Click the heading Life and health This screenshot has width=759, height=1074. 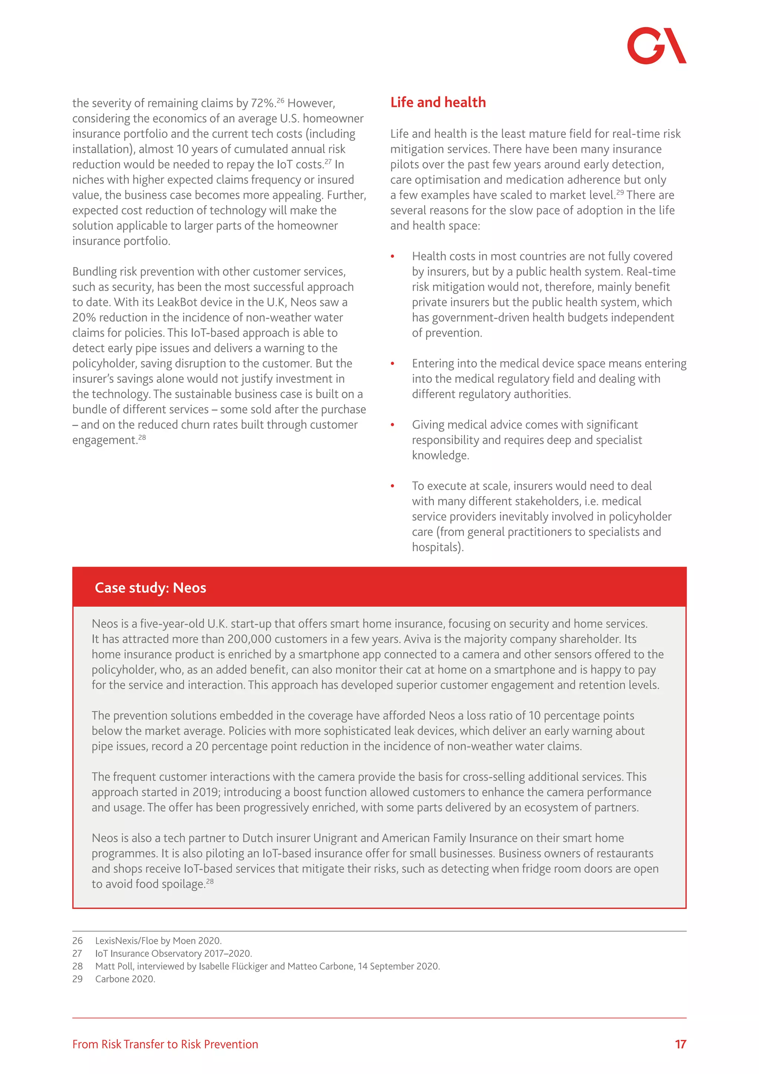click(438, 102)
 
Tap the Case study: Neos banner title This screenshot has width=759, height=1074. click(150, 587)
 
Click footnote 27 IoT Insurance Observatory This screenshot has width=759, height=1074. click(173, 953)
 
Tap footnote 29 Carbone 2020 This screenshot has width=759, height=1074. click(125, 979)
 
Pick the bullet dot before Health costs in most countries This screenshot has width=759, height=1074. click(392, 256)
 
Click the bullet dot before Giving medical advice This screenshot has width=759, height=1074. click(392, 425)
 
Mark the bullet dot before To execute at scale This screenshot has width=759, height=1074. click(392, 486)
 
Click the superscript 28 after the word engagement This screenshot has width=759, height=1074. click(142, 437)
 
